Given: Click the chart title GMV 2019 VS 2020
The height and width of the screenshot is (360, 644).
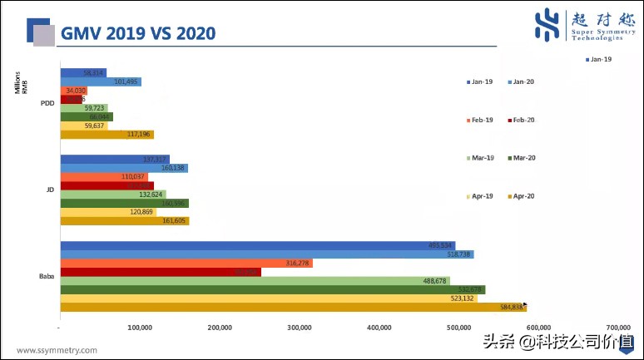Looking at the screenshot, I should [x=136, y=32].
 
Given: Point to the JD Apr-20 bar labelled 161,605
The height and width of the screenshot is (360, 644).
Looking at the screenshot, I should [x=125, y=221].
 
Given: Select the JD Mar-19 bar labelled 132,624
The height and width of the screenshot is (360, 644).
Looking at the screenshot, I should [x=113, y=195].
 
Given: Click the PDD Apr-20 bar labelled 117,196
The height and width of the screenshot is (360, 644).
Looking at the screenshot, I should [x=107, y=135].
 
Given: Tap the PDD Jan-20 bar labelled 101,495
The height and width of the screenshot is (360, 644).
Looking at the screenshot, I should [x=101, y=81].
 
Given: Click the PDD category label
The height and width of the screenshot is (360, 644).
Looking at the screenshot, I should [x=48, y=104].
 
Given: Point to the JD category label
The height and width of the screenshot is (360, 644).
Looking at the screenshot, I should [x=50, y=190].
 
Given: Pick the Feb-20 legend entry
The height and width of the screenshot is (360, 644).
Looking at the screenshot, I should [x=522, y=120].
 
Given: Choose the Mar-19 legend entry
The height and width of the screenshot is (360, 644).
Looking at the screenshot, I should [x=479, y=158].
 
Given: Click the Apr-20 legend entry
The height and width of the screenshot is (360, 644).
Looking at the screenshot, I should [x=522, y=197].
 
